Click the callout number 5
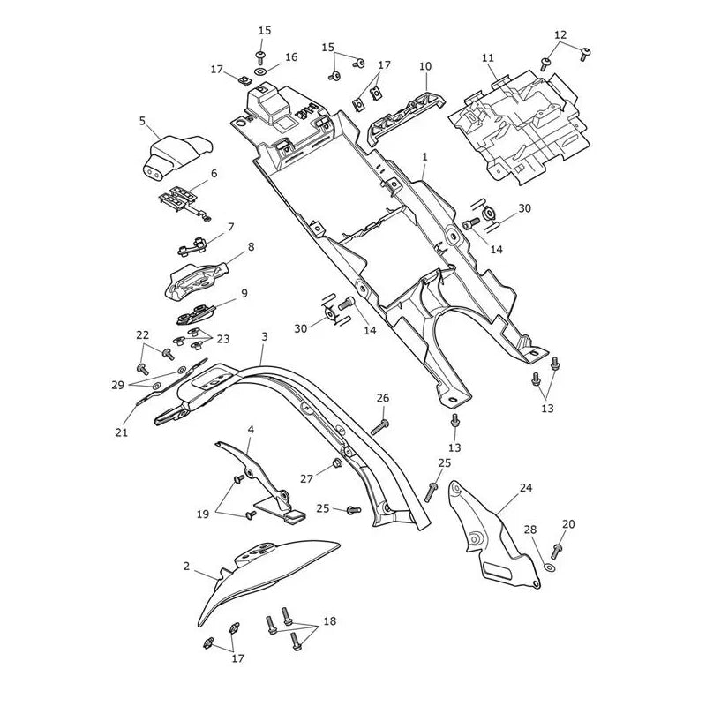(x=142, y=121)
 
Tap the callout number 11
(x=488, y=57)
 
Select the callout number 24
(x=525, y=488)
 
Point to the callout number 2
(x=187, y=566)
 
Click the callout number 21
(x=122, y=432)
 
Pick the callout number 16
(x=291, y=57)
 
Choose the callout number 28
(x=530, y=529)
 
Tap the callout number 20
(x=568, y=523)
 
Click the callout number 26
(x=383, y=398)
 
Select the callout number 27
(x=306, y=478)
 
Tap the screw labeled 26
(x=379, y=426)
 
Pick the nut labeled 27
(x=336, y=462)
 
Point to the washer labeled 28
(x=549, y=567)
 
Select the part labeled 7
(x=192, y=246)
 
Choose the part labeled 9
(x=196, y=313)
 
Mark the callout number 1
(x=424, y=158)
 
